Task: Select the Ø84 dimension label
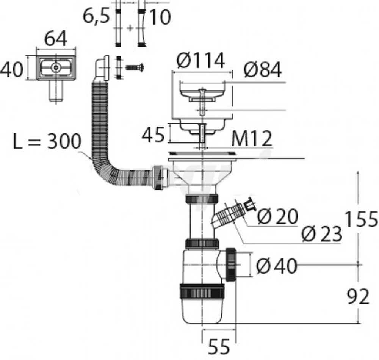click(263, 70)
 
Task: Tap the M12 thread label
click(252, 139)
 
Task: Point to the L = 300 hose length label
click(47, 141)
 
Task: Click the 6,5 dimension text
click(96, 16)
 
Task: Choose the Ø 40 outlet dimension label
click(277, 266)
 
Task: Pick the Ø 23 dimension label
click(322, 234)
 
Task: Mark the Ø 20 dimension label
click(277, 216)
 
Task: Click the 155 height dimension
click(361, 219)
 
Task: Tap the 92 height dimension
click(358, 297)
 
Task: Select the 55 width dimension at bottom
click(219, 347)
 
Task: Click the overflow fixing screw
click(135, 67)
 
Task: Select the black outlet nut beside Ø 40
click(232, 265)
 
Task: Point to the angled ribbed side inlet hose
click(229, 214)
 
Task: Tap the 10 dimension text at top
click(160, 17)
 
